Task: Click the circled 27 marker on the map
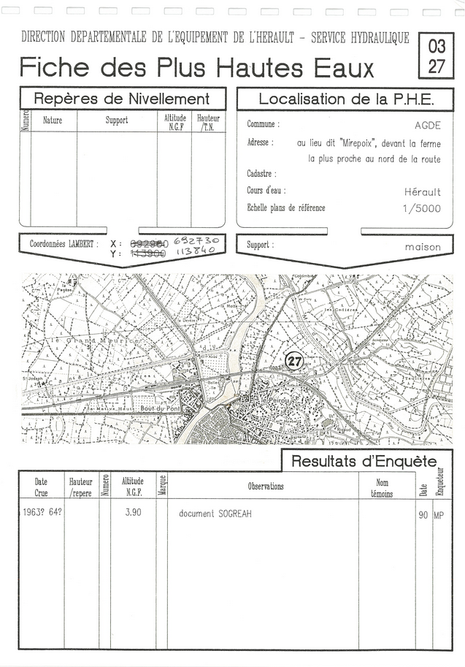tap(294, 360)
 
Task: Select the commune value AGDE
tap(427, 126)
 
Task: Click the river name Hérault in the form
tap(423, 192)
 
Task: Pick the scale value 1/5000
tap(422, 208)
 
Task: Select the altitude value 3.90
tap(132, 513)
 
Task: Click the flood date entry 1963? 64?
tap(40, 513)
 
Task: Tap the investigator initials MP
tap(439, 515)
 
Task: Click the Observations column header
tap(266, 487)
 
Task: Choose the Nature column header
tap(53, 121)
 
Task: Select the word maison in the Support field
tap(423, 247)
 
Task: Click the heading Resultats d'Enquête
tap(364, 461)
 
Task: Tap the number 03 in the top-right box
tap(437, 46)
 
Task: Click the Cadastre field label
tap(261, 175)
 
